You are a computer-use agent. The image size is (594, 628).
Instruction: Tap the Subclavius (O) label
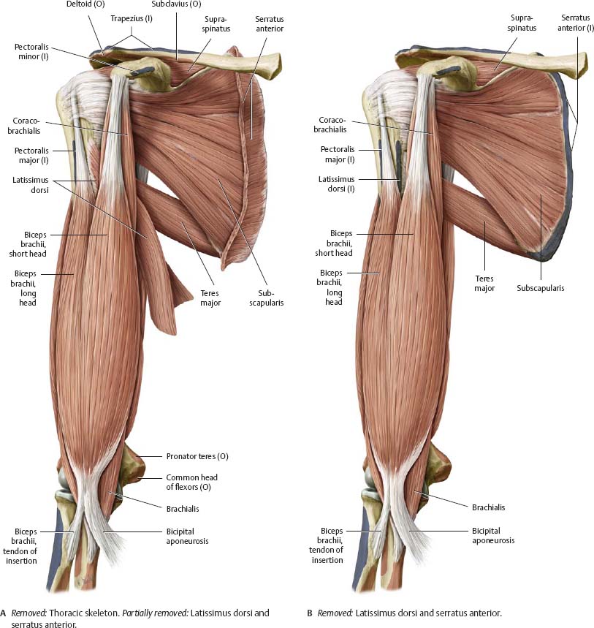pos(176,4)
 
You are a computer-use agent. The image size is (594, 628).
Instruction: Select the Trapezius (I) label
pos(132,18)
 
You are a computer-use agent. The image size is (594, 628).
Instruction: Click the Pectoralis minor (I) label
pos(31,52)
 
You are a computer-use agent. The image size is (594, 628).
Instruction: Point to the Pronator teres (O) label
pos(197,456)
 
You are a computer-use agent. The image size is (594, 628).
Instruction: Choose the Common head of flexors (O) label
pos(191,483)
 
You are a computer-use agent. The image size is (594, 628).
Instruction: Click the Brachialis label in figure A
pos(183,509)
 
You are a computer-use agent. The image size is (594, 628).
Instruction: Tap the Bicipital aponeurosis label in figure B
pos(493,535)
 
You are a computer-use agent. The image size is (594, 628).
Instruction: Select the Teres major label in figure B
pos(484,283)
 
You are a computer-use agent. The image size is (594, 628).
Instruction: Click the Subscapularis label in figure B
pos(541,288)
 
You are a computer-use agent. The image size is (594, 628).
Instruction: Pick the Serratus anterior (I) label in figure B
pos(576,23)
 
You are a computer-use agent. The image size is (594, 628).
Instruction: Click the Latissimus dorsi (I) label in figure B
pos(336,184)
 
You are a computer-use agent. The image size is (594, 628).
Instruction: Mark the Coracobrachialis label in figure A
pos(23,126)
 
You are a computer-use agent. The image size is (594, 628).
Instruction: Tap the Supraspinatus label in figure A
pos(216,24)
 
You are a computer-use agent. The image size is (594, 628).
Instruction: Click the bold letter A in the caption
pos(3,613)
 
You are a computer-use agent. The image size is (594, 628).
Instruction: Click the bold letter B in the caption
pos(309,613)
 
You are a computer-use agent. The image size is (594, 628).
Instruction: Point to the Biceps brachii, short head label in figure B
pos(334,243)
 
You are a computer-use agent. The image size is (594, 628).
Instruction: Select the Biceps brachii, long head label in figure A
pos(25,288)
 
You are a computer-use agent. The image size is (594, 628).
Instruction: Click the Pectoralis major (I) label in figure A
pos(31,156)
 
